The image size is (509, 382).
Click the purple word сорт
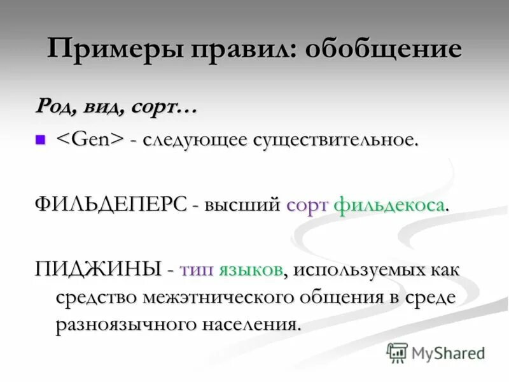click(307, 205)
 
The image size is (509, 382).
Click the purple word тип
click(197, 269)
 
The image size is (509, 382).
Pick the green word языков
click(251, 269)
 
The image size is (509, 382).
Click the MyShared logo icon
click(397, 353)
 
